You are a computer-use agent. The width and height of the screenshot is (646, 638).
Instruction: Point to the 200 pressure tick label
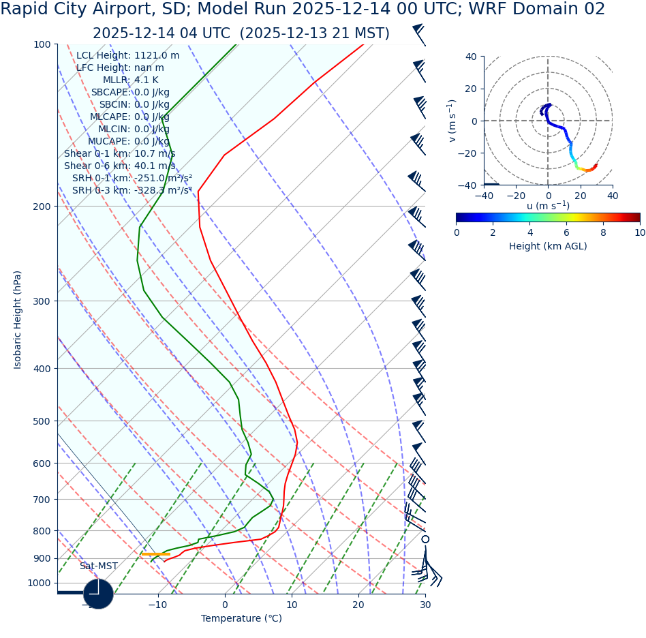click(42, 207)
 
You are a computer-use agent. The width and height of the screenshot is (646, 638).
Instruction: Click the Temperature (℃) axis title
click(241, 618)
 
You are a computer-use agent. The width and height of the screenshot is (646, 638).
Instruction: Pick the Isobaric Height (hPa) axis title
click(18, 320)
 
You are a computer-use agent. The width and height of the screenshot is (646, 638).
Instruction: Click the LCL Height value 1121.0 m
click(157, 56)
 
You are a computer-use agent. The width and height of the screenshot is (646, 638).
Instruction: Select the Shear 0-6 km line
click(119, 166)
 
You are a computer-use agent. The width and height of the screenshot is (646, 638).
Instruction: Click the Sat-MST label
click(98, 566)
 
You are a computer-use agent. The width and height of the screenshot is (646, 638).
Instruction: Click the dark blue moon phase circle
click(98, 594)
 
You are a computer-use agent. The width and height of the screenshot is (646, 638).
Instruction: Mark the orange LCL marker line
click(155, 554)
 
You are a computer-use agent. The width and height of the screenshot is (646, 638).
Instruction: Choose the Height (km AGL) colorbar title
click(548, 246)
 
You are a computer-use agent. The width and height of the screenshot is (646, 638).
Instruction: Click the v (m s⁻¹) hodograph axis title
click(452, 121)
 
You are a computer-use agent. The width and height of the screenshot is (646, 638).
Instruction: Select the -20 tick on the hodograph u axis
click(516, 196)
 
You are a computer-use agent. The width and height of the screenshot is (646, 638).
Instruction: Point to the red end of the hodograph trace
click(596, 165)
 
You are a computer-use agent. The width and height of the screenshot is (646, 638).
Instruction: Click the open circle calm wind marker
click(425, 539)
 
